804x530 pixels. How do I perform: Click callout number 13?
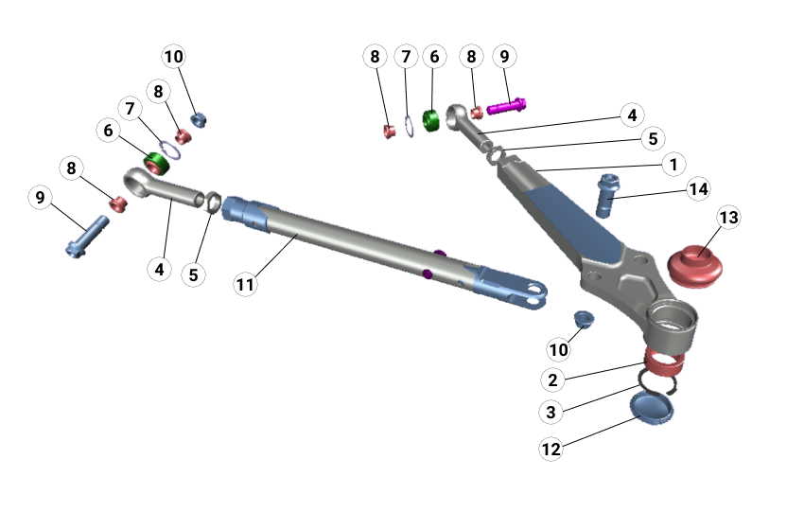pos(728,218)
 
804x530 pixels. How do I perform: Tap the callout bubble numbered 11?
pos(246,283)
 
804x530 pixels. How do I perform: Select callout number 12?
pos(551,448)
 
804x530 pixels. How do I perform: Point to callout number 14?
pos(698,189)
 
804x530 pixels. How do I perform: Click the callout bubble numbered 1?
pos(673,164)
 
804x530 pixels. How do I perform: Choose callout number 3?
pos(551,413)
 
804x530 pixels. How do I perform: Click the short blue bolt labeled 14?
pos(605,195)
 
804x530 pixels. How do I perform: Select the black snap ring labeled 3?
pos(658,380)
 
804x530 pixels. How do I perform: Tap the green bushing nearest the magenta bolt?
pos(431,121)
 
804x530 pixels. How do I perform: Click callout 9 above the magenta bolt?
pos(504,57)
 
